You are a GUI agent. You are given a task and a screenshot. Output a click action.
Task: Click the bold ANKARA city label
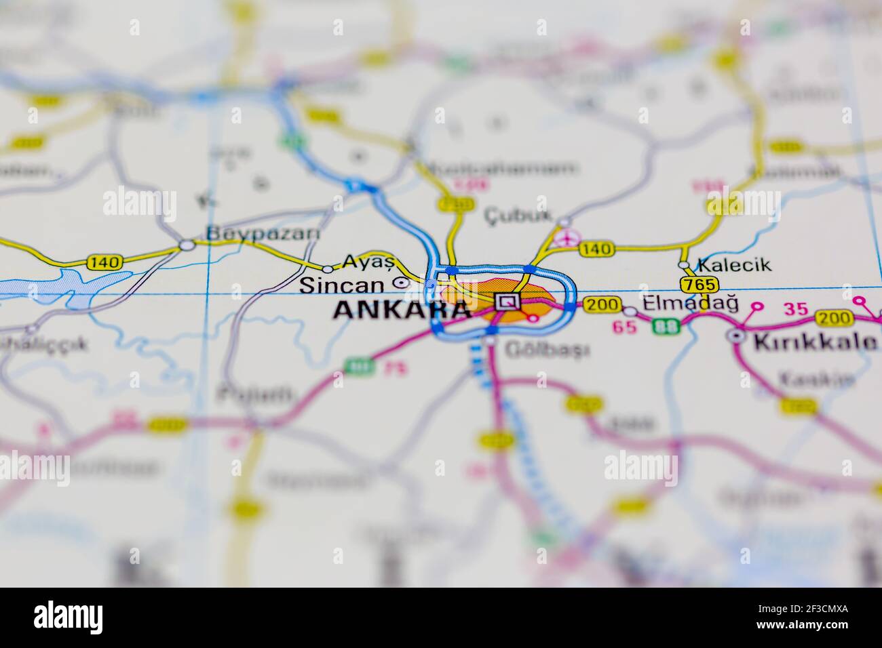(x=402, y=310)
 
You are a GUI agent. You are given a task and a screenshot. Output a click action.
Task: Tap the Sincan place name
(x=345, y=285)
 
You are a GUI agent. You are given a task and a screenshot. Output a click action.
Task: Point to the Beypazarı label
(x=263, y=234)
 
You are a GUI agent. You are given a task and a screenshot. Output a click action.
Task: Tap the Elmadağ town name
(x=690, y=303)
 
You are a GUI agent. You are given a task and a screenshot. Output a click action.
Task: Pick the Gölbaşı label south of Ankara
(x=547, y=350)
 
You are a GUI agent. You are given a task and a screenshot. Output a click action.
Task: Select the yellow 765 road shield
(x=698, y=284)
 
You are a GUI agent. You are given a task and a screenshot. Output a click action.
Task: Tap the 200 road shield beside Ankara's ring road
(x=601, y=305)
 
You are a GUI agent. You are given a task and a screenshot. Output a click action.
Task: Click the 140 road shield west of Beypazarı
(x=104, y=262)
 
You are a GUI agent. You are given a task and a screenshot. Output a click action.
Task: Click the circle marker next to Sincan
(x=401, y=283)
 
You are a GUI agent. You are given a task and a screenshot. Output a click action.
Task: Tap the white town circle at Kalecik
(x=684, y=265)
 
